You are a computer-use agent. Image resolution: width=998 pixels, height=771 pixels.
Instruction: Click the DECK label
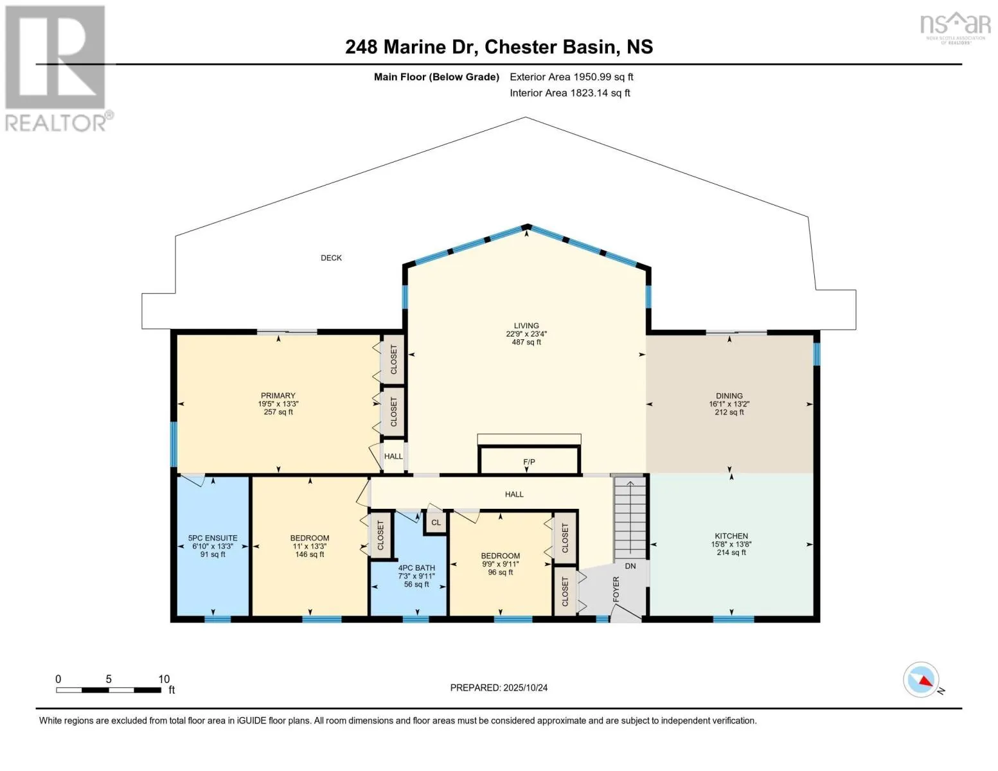click(331, 258)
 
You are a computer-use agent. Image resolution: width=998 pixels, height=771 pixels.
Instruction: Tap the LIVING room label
click(526, 326)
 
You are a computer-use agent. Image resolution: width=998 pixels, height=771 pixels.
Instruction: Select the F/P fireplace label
click(529, 462)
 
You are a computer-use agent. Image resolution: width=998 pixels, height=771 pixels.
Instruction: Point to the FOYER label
click(616, 589)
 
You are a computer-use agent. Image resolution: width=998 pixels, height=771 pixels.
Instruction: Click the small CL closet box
click(436, 522)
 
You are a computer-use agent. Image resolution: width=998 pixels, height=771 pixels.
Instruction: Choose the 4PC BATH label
click(416, 568)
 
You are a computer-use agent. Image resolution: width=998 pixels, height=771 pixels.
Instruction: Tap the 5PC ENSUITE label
click(213, 538)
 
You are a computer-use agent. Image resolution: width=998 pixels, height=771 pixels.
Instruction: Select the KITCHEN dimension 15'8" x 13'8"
click(731, 544)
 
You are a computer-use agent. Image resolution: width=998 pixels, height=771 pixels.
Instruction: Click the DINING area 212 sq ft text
click(729, 412)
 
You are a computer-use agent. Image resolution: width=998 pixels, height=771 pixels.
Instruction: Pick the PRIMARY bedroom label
click(278, 396)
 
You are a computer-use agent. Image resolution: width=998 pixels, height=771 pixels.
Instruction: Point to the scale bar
click(109, 690)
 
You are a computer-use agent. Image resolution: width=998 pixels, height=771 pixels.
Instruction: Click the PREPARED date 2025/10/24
click(499, 687)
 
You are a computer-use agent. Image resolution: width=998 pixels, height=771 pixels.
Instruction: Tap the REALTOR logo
click(57, 67)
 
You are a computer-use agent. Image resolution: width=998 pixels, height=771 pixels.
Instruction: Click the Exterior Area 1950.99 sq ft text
click(571, 77)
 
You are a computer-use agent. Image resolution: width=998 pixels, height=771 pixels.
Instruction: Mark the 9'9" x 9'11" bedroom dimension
click(500, 564)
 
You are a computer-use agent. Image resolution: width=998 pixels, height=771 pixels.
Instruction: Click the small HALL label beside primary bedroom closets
click(393, 456)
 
